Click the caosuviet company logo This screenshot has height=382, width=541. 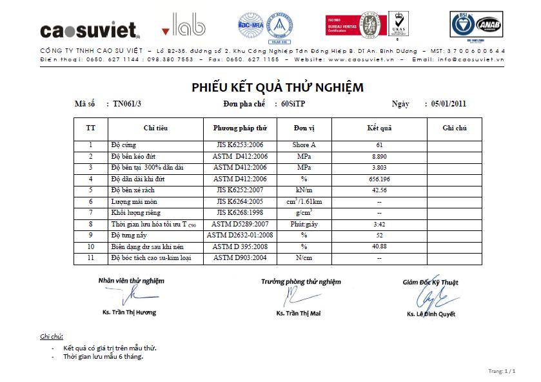[90, 30]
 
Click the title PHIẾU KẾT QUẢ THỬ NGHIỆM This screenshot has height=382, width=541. [277, 88]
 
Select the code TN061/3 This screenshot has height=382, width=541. [126, 103]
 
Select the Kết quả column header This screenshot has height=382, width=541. [379, 128]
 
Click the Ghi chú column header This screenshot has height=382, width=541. [455, 128]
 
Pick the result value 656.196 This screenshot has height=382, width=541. [379, 179]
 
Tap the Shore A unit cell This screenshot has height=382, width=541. [304, 145]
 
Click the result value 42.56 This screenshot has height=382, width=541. [379, 190]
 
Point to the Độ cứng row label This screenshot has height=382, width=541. [124, 145]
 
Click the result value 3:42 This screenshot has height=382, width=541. [379, 224]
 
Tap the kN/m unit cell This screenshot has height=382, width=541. [304, 190]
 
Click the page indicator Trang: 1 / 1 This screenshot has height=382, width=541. [502, 371]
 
